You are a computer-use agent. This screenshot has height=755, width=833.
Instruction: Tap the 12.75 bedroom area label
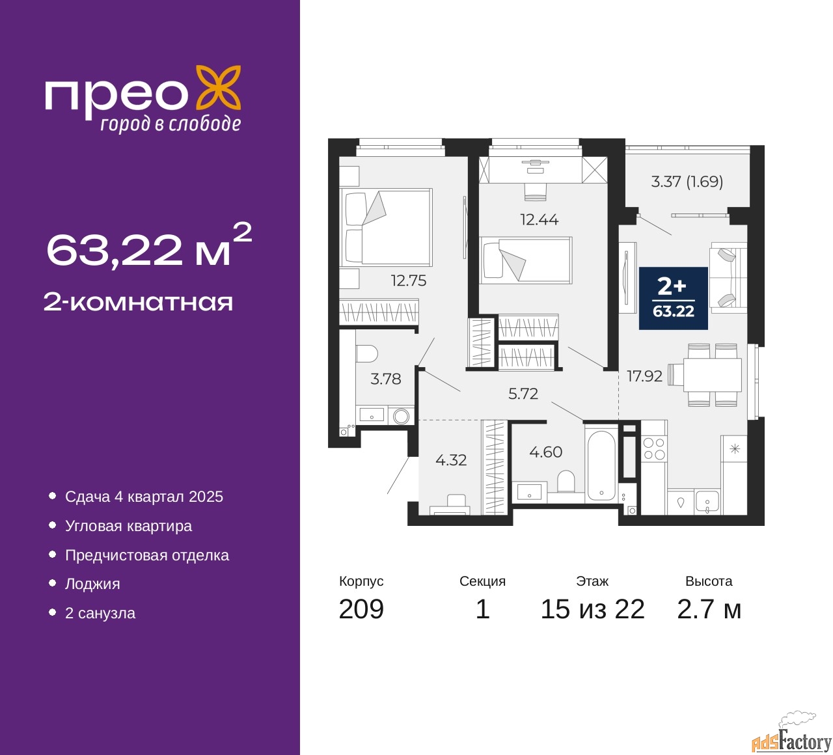(x=409, y=281)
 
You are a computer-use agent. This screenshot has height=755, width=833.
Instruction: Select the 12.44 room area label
(x=539, y=219)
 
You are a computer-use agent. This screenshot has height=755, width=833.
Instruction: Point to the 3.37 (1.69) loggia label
(x=687, y=182)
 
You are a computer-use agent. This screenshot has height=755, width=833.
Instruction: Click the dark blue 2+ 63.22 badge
(x=673, y=298)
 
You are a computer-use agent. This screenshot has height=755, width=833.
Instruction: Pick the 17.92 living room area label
(x=644, y=376)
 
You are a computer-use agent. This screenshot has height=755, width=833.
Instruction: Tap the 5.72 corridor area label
(x=523, y=393)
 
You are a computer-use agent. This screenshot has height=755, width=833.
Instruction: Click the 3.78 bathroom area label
(x=385, y=379)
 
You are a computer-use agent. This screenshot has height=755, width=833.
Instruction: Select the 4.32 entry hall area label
(x=451, y=460)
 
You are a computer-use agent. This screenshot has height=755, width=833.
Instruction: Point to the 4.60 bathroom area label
(x=545, y=452)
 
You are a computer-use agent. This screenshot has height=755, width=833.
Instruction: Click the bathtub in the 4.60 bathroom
(x=601, y=463)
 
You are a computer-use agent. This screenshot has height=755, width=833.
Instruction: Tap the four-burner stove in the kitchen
(x=654, y=449)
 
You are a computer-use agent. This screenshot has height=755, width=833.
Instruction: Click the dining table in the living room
(x=712, y=375)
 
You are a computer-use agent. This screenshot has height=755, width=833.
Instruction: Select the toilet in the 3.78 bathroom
(x=366, y=354)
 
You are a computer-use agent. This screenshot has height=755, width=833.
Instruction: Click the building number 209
(x=361, y=609)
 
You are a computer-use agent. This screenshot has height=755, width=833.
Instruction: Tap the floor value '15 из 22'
(x=593, y=609)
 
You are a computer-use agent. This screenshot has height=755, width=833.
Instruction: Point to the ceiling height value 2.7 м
(x=709, y=609)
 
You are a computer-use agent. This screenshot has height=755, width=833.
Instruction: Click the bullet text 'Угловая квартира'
(x=129, y=526)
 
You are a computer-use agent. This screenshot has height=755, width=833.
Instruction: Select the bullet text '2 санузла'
(x=100, y=613)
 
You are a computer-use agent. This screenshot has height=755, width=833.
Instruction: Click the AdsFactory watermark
(x=791, y=739)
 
